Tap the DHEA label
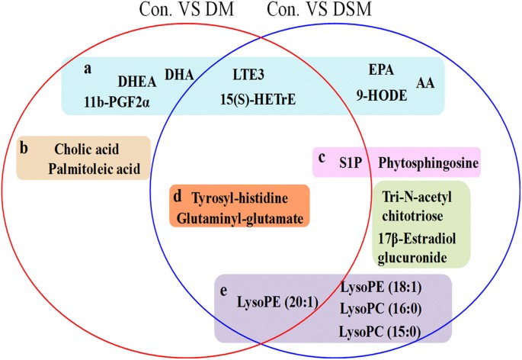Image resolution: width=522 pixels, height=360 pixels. (137, 79)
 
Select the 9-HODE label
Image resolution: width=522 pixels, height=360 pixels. (382, 97)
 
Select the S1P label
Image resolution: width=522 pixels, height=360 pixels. (350, 162)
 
